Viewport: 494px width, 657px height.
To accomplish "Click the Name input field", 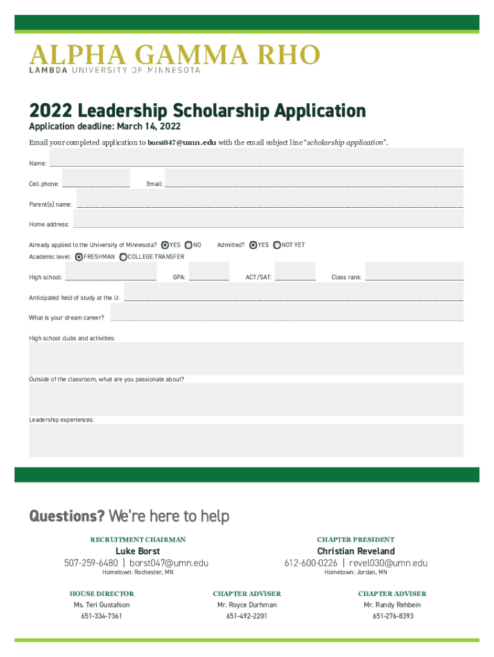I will pos(257,157).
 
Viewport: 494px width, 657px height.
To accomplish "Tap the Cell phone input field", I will pos(96,178).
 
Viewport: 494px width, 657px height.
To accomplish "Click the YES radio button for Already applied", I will pos(165,245).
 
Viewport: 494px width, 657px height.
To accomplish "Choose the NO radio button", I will pos(189,245).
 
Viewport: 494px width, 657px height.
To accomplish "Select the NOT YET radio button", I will pos(277,245).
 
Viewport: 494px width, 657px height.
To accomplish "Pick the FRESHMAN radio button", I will pos(79,257).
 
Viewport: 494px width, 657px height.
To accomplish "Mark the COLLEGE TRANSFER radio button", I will pos(123,257).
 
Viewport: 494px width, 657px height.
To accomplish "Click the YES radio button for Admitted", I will pos(253,245).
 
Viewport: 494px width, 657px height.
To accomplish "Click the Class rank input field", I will pos(414,271).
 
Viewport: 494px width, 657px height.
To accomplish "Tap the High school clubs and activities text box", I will pos(246,358).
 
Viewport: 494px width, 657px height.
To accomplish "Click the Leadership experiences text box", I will pos(246,439).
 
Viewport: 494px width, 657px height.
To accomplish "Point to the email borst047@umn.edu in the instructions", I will pos(182,142).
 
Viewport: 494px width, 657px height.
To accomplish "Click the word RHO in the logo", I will pos(289,55).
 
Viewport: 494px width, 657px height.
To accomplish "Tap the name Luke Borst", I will pos(137,551).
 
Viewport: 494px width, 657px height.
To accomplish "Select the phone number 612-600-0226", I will pos(311,563).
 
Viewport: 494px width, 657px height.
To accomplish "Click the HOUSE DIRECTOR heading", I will pos(102,593).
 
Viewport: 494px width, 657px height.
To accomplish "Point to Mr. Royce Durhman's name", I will pos(247,605).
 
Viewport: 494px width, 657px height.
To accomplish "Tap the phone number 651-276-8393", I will pos(393,616).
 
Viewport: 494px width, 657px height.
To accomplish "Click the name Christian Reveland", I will pos(355,551).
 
